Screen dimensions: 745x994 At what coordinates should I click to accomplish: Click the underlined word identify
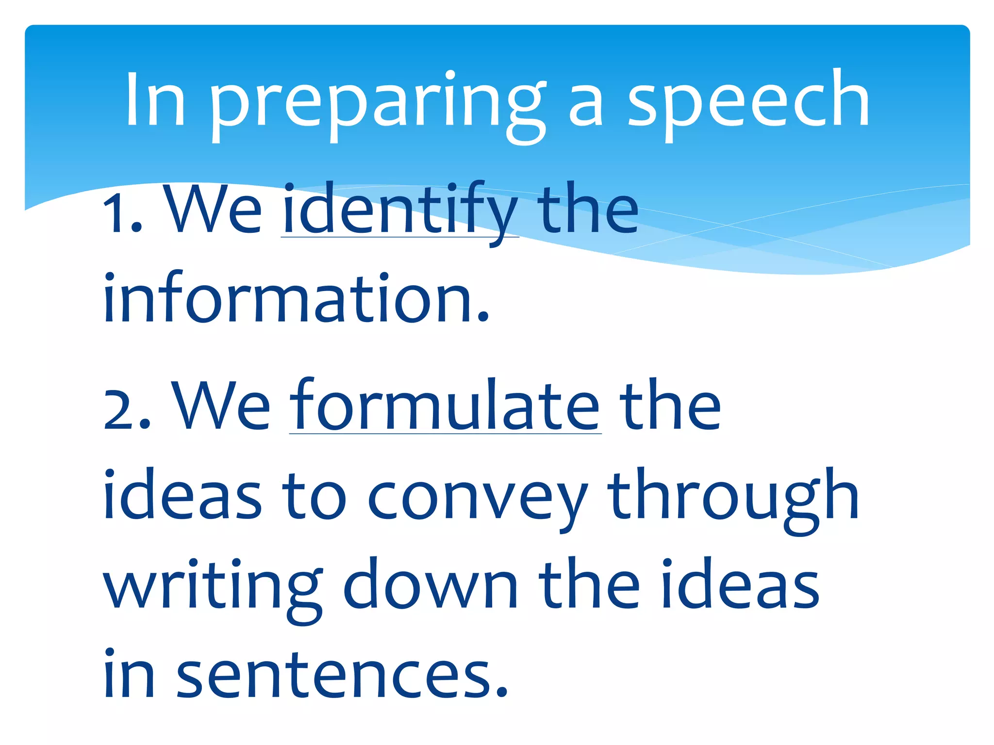tap(400, 211)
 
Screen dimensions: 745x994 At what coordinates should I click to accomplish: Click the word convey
tap(478, 497)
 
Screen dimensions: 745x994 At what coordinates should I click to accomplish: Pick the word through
tap(732, 497)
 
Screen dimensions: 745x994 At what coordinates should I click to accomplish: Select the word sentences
tap(342, 676)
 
